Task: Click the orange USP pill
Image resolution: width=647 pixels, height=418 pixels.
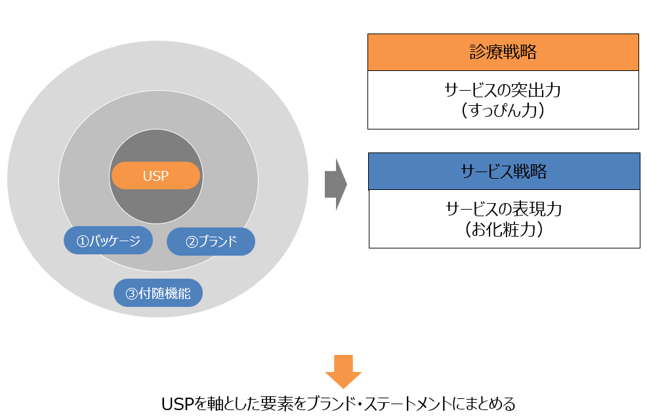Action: coord(156,175)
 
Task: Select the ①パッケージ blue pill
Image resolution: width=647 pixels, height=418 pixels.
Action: coord(108,241)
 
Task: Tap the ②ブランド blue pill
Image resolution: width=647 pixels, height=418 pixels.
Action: coord(211,241)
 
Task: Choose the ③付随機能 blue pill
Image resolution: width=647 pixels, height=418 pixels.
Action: coord(158,293)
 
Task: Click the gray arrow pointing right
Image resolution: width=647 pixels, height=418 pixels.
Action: coord(335,184)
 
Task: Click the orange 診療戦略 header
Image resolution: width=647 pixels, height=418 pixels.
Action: coord(503,52)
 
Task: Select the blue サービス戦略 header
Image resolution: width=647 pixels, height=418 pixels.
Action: coord(504,172)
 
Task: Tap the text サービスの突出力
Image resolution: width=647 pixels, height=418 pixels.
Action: coord(503,90)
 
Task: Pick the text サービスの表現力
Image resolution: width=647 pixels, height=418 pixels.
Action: coord(504,209)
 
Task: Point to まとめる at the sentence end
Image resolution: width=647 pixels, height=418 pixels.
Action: coord(498,403)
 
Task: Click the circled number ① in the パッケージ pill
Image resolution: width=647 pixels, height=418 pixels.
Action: coord(83,241)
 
